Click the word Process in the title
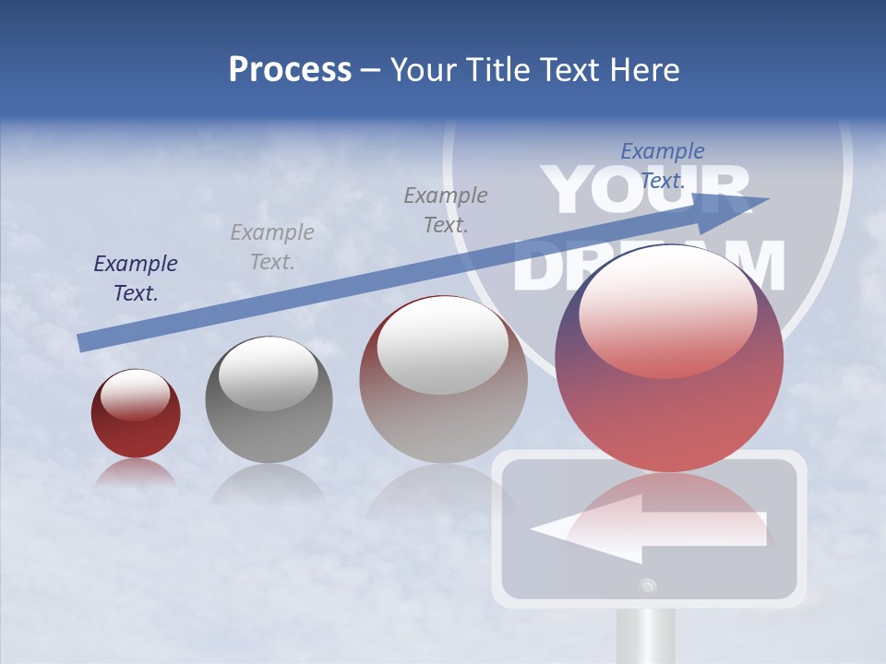[x=290, y=70]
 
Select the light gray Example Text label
[x=271, y=247]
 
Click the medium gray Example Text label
[x=446, y=209]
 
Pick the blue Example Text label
[x=663, y=166]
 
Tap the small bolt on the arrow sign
[x=649, y=585]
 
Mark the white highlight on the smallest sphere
[x=135, y=393]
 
